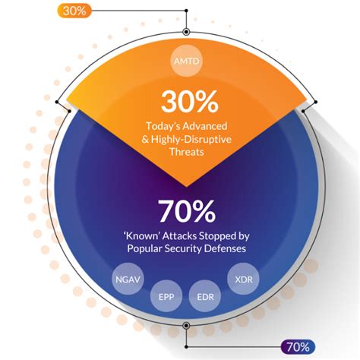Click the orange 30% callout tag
pos(74,11)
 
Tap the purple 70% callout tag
pos(296,348)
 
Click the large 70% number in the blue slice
pos(185,209)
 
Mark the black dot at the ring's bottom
pos(185,325)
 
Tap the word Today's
pos(163,125)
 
